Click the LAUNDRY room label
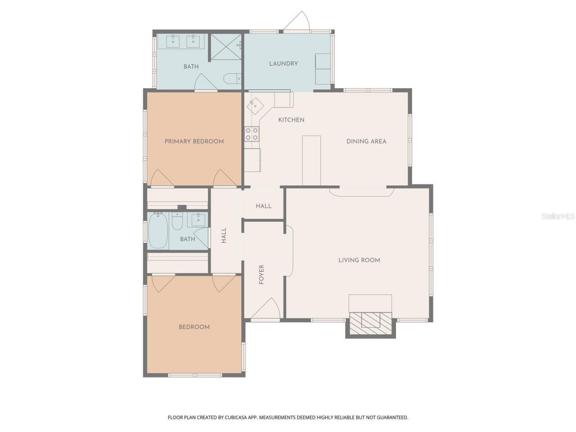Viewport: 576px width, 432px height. (283, 63)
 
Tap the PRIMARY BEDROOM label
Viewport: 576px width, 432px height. (194, 141)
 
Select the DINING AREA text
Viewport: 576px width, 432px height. (366, 141)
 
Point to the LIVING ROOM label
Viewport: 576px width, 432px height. (359, 260)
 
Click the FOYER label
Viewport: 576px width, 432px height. (261, 274)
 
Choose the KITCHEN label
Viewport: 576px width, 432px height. (291, 120)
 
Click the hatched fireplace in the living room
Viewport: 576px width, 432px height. (370, 322)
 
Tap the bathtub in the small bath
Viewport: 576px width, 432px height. (158, 231)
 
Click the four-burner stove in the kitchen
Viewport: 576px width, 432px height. (252, 134)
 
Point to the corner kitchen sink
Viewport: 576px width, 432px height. (255, 106)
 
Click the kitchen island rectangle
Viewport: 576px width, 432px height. (311, 160)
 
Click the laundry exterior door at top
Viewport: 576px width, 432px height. (297, 22)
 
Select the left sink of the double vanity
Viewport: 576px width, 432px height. (173, 41)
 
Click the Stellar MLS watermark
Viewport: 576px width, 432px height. (558, 216)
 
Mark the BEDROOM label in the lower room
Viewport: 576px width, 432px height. (194, 327)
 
